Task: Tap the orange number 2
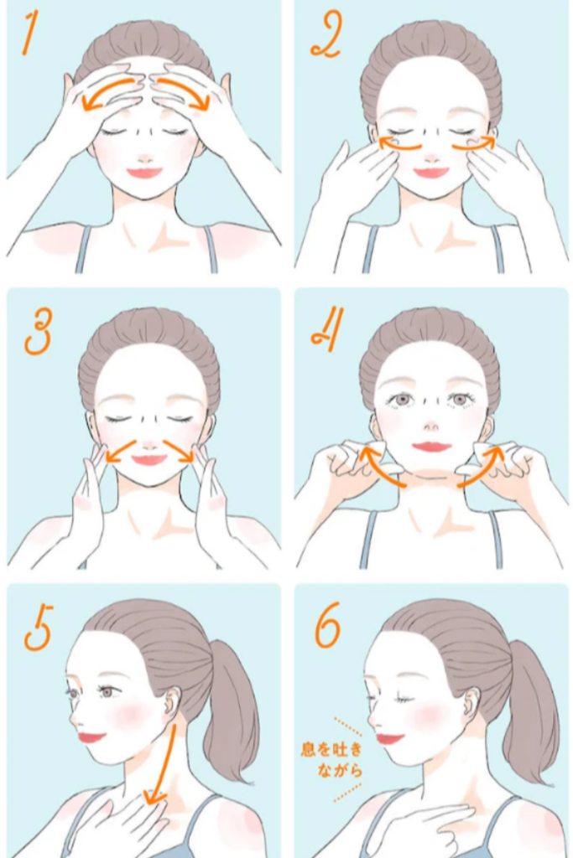point(326,34)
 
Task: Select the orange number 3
point(39,331)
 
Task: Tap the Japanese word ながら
point(340,770)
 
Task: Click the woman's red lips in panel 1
point(144,173)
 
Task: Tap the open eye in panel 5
point(106,691)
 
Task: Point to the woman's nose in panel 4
point(431,425)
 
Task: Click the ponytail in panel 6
point(529,711)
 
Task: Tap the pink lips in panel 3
point(149,459)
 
